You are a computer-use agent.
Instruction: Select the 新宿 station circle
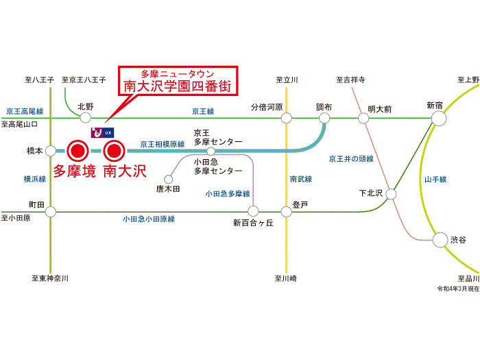click(439, 118)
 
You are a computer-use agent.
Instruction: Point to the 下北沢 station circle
click(392, 193)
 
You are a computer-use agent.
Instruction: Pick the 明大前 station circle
click(363, 118)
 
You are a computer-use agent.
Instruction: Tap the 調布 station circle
click(325, 118)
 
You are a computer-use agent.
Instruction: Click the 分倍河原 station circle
click(287, 118)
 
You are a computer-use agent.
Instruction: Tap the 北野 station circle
click(85, 118)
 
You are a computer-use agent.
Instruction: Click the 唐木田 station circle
click(168, 179)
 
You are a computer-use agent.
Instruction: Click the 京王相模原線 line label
click(163, 145)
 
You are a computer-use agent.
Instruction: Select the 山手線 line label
click(435, 180)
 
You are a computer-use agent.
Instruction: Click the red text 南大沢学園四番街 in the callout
click(176, 86)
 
